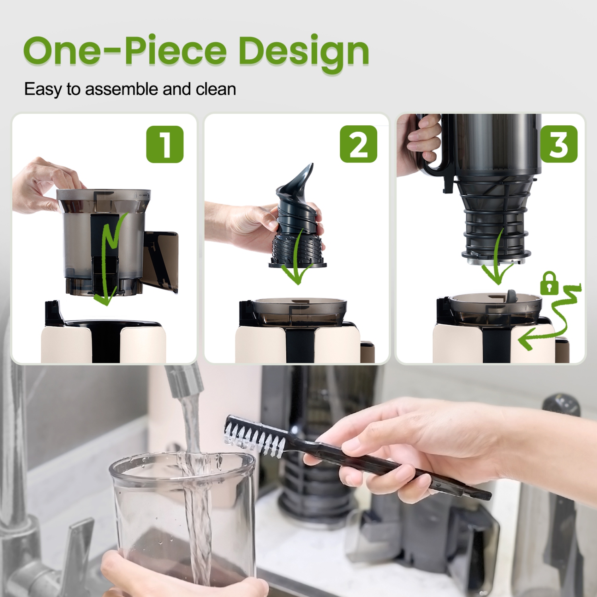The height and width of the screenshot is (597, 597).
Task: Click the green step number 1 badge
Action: click(165, 144)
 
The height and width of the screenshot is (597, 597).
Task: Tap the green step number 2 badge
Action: click(358, 144)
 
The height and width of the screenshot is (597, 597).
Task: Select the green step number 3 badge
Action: click(558, 144)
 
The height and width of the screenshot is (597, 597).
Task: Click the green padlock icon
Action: click(549, 283)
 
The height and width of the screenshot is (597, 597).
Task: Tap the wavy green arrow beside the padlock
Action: click(553, 318)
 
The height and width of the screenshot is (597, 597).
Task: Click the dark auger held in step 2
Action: click(297, 223)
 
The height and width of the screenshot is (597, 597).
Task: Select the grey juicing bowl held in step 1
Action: click(103, 239)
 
